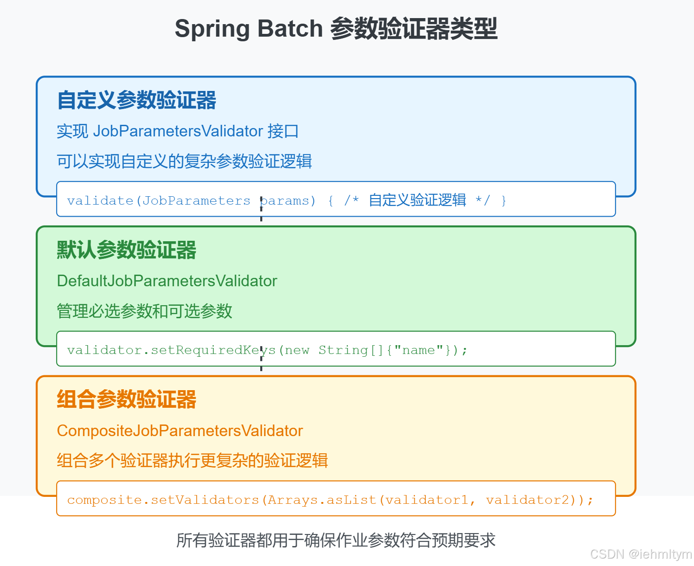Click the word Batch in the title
point(290,29)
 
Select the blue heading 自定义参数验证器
point(136,100)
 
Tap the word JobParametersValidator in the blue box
point(178,131)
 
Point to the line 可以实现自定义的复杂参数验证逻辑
point(184,161)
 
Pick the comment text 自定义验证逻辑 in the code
point(418,200)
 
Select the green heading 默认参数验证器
point(126,250)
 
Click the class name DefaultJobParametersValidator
point(167,281)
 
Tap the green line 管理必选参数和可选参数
point(144,311)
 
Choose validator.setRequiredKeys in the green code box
point(171,350)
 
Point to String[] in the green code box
point(350,350)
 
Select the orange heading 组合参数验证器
point(126,399)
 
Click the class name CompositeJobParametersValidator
point(180,431)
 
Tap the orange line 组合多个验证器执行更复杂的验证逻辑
point(192,461)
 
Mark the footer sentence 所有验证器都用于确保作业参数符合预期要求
point(336,540)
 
